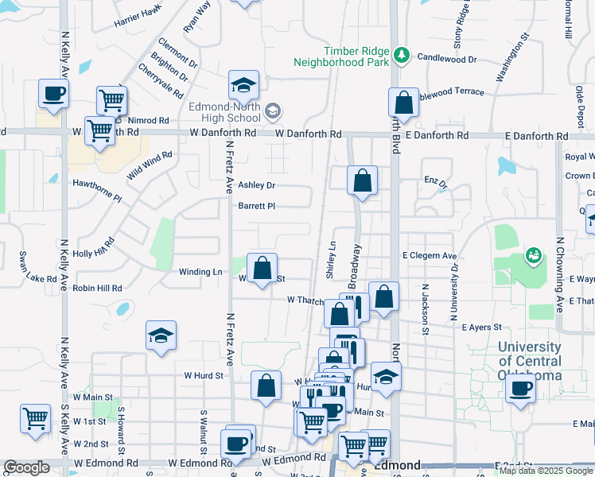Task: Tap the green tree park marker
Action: pyautogui.click(x=403, y=55)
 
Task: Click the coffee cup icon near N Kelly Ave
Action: pyautogui.click(x=53, y=93)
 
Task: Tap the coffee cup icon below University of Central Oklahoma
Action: pyautogui.click(x=521, y=390)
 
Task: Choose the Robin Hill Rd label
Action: pyautogui.click(x=97, y=288)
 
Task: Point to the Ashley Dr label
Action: pyautogui.click(x=256, y=185)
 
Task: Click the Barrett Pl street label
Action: pyautogui.click(x=256, y=206)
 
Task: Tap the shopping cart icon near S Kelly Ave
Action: pyautogui.click(x=36, y=418)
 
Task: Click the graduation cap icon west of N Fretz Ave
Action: pyautogui.click(x=161, y=335)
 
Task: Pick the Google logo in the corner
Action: pyautogui.click(x=26, y=467)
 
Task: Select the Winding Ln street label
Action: pyautogui.click(x=200, y=272)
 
